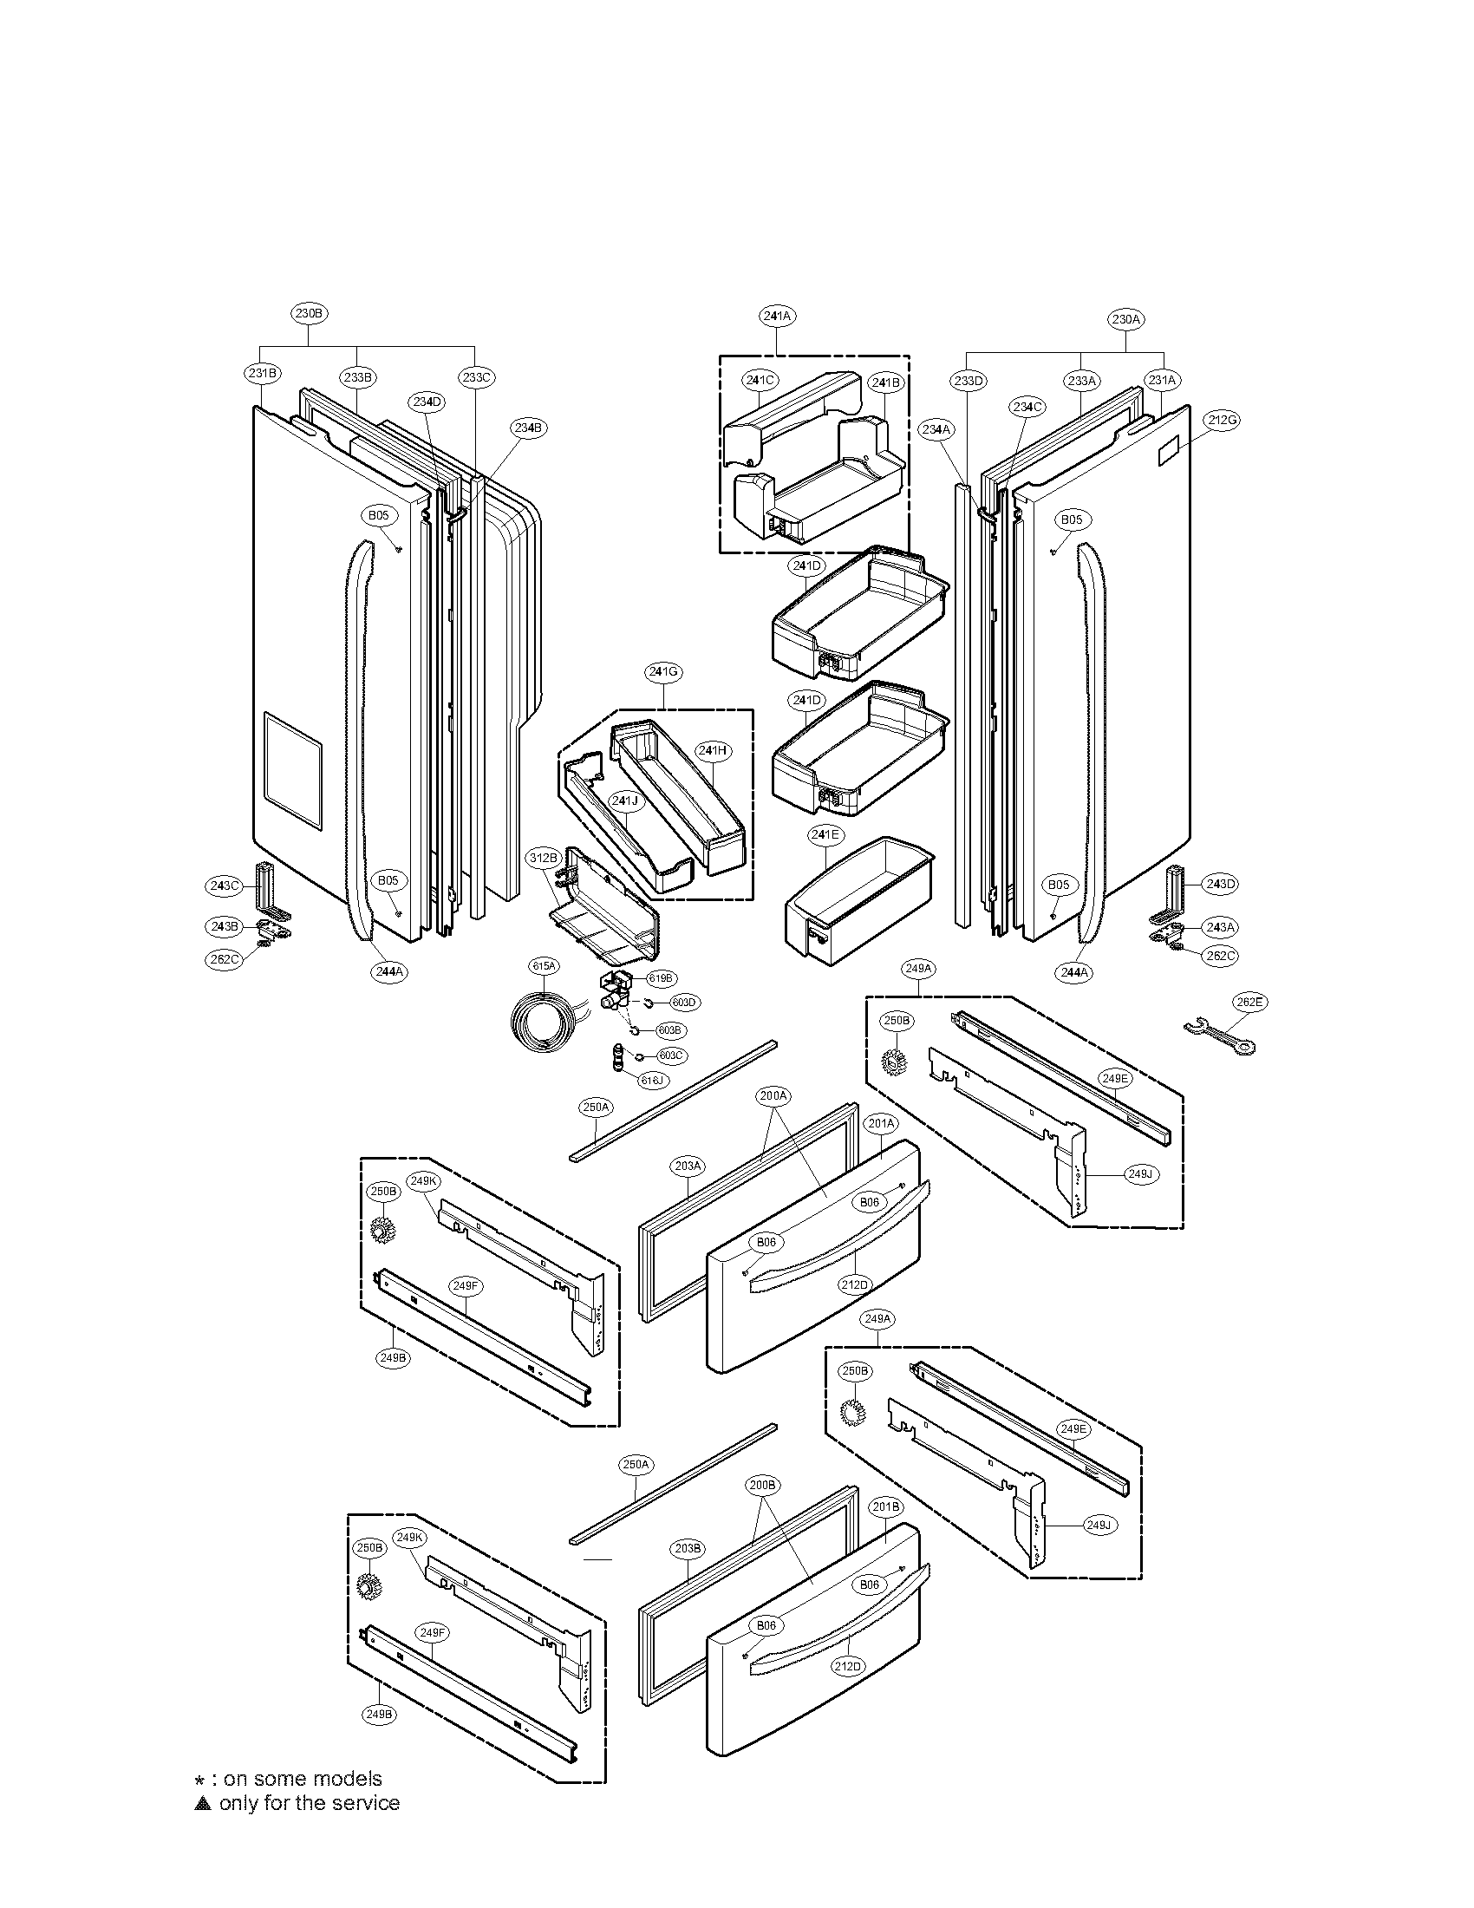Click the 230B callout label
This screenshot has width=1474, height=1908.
pyautogui.click(x=312, y=313)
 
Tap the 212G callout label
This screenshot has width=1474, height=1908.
pyautogui.click(x=1222, y=421)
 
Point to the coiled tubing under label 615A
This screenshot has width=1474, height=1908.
pyautogui.click(x=544, y=1021)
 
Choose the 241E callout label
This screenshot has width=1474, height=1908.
pyautogui.click(x=824, y=835)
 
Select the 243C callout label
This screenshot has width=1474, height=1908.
pyautogui.click(x=224, y=885)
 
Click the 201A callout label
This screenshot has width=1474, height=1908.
pyautogui.click(x=880, y=1123)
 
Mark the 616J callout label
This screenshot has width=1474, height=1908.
pyautogui.click(x=652, y=1081)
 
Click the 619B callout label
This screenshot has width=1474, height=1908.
pyautogui.click(x=661, y=978)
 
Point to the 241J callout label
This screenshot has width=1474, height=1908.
pyautogui.click(x=625, y=800)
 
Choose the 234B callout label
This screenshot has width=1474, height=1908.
pyautogui.click(x=527, y=428)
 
